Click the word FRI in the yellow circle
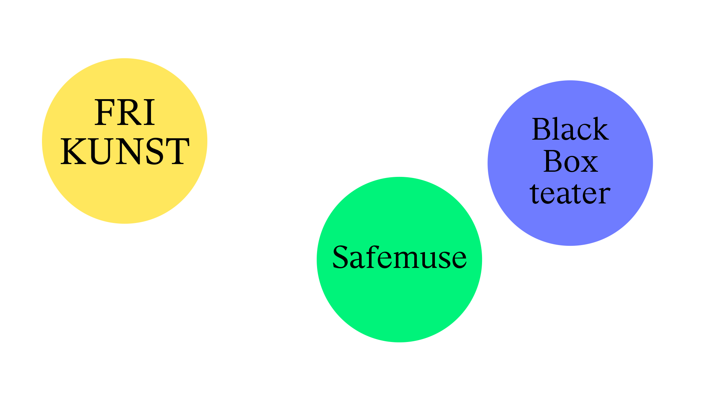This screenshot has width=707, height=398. click(125, 113)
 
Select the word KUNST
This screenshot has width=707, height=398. click(125, 151)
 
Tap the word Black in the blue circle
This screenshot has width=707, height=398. click(570, 129)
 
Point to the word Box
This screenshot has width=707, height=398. click(570, 161)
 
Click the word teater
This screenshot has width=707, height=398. click(570, 193)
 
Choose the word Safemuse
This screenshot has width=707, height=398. click(400, 257)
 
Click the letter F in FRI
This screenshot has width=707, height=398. click(104, 113)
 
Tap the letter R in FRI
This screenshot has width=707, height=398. click(129, 113)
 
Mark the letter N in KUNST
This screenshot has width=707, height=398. click(127, 151)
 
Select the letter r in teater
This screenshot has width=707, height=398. click(604, 195)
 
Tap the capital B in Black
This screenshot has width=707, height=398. click(542, 129)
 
